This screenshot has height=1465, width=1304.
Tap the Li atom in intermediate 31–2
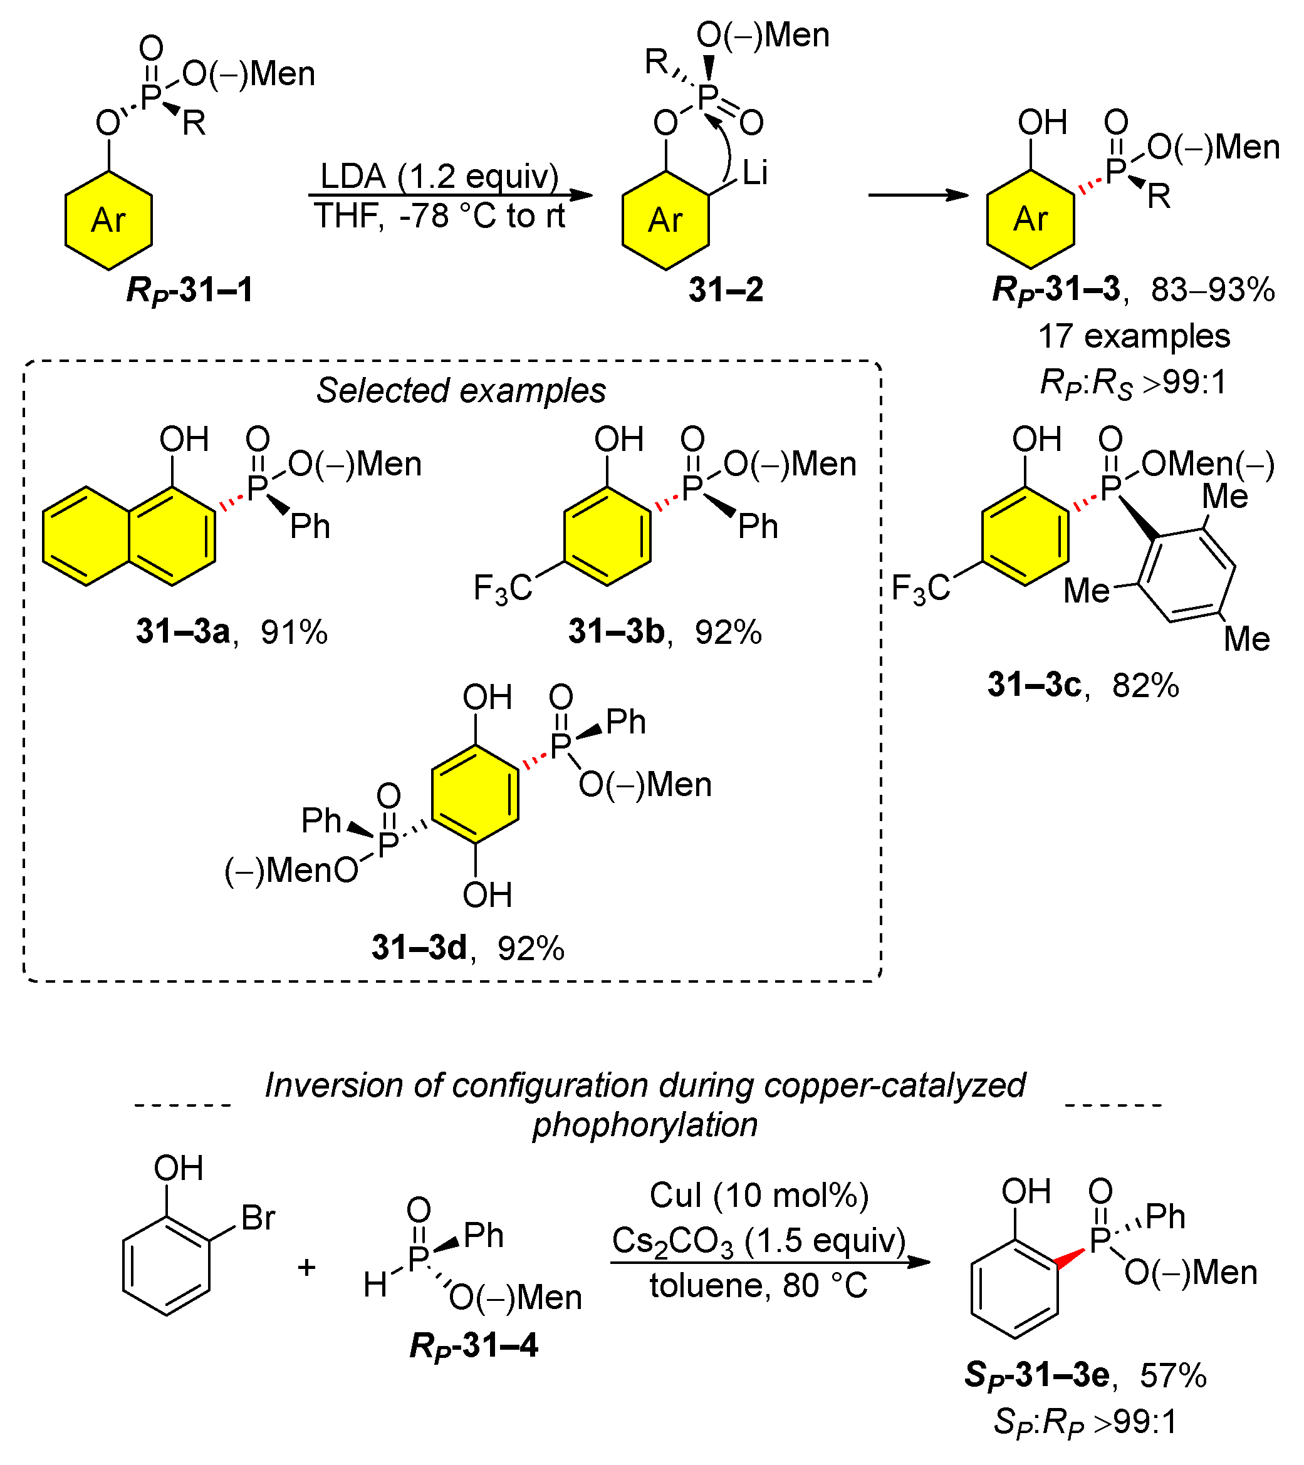[754, 173]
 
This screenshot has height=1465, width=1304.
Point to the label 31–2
[726, 290]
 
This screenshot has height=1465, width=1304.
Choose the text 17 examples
[1134, 336]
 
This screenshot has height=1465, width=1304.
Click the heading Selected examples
[461, 391]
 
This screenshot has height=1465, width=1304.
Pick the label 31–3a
[183, 631]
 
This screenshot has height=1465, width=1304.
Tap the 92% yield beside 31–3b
[728, 632]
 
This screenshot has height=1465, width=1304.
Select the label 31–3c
[1034, 685]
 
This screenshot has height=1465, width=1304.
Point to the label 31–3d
[419, 948]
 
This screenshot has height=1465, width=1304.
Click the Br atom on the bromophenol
[258, 1218]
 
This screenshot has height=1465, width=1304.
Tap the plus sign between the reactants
[307, 1267]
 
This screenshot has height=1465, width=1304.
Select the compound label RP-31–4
[473, 1345]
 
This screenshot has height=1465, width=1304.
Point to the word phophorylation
[644, 1124]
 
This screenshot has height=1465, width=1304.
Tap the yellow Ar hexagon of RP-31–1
[108, 220]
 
